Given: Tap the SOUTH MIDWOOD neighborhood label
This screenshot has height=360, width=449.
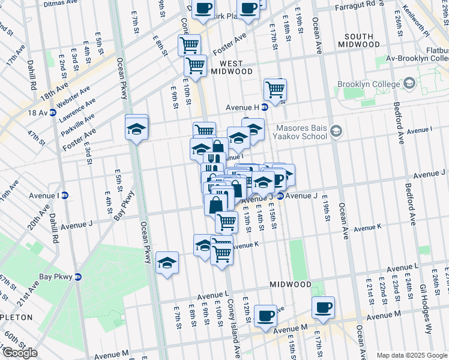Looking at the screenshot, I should (363, 40).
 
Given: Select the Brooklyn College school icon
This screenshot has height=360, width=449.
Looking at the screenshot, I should (411, 83).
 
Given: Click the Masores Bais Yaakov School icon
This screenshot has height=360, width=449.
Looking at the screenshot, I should (336, 130).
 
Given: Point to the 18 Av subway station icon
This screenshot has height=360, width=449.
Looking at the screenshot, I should (53, 112).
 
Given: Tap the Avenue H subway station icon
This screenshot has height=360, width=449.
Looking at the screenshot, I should (265, 107).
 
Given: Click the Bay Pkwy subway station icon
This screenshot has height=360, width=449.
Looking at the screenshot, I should (77, 277).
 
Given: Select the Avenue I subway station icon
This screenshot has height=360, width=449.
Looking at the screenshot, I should (65, 196).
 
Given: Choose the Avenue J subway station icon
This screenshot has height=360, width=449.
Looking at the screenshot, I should (280, 196).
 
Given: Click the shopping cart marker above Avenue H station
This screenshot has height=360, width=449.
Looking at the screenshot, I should (275, 89).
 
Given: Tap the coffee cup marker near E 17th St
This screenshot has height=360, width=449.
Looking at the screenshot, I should (323, 307).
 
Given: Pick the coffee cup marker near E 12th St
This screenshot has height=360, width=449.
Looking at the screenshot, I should (265, 316).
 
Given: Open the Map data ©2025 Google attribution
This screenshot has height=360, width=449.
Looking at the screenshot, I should (411, 355).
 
